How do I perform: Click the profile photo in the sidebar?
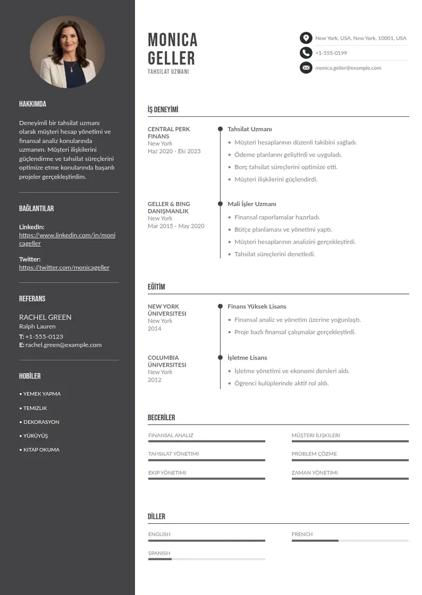[x=67, y=52]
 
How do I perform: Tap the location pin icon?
[x=306, y=38]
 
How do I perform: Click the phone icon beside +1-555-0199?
[x=306, y=53]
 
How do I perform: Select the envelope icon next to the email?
[x=306, y=67]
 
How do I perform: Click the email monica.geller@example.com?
[x=348, y=68]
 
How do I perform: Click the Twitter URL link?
[x=64, y=267]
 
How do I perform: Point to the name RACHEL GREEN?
[x=45, y=317]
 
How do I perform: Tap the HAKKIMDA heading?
[x=32, y=104]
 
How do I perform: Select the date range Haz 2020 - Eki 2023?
[x=174, y=151]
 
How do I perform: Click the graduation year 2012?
[x=155, y=380]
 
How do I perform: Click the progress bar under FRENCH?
[x=350, y=541]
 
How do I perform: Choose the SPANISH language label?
[x=159, y=553]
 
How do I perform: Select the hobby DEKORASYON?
[x=41, y=422]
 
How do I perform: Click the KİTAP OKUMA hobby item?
[x=41, y=449]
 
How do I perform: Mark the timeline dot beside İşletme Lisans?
[x=220, y=358]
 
